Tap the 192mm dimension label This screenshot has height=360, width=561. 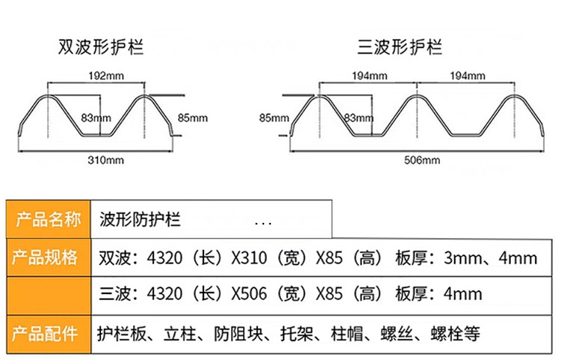(x=106, y=76)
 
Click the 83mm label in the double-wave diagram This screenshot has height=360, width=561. (x=96, y=118)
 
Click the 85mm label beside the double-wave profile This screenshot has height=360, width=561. (x=192, y=118)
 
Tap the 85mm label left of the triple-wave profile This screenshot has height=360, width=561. (x=273, y=118)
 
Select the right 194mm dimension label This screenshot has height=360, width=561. (x=467, y=76)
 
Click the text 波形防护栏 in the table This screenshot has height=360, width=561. (x=140, y=221)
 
